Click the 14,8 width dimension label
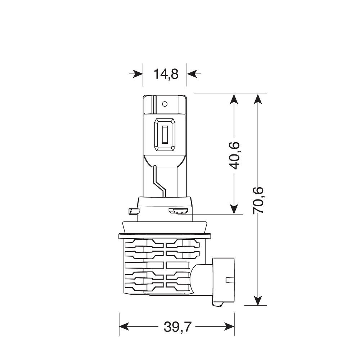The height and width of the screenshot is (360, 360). (166, 74)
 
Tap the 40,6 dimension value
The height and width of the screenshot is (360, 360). (234, 156)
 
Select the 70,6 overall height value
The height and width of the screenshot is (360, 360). (258, 201)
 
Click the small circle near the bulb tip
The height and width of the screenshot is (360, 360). (165, 104)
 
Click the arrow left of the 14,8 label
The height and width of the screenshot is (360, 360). (136, 74)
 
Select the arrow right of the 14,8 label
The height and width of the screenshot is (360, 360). (194, 74)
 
